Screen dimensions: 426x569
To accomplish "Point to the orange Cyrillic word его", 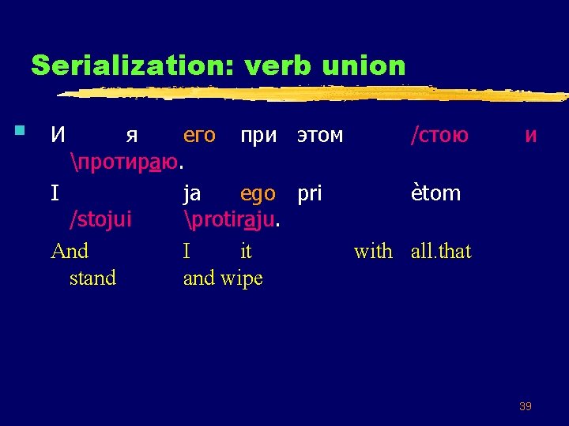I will point(199,135).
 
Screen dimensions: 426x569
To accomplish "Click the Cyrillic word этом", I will point(320,135).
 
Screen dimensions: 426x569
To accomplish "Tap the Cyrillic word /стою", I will point(439,135).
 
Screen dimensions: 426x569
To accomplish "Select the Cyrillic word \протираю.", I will point(127,163).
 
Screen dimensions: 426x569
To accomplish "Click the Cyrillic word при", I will point(258,135).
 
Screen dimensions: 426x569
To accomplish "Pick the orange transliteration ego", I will point(258,193).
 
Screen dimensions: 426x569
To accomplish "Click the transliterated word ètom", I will point(435,193).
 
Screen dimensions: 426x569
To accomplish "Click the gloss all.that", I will point(441,252).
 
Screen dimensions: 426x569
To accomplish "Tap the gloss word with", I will point(373,252).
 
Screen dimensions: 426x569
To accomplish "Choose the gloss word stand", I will point(92,278).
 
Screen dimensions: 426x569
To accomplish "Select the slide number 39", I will point(525,406).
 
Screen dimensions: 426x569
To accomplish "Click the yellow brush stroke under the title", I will point(316,93).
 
